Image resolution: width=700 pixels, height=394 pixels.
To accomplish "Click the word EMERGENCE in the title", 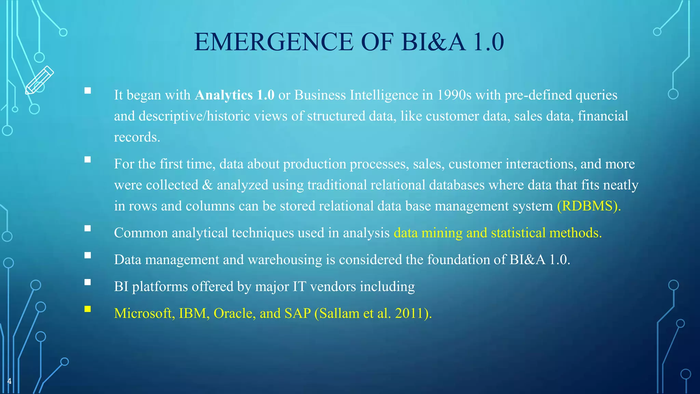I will (x=274, y=42).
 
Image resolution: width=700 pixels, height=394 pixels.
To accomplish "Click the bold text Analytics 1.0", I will (x=234, y=95).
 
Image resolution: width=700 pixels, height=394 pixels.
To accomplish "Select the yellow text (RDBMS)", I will (x=589, y=206).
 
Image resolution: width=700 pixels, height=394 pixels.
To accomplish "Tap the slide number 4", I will (x=9, y=381).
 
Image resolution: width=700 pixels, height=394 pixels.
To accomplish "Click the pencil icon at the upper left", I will (x=40, y=80).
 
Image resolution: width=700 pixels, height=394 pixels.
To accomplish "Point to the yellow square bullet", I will (x=88, y=309).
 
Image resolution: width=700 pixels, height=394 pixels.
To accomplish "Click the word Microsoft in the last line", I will (x=143, y=313).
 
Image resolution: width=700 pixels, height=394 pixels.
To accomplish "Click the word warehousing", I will (x=285, y=260).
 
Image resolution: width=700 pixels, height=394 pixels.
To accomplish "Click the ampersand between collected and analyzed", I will (x=207, y=185).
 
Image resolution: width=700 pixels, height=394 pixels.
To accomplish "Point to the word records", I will (x=137, y=137).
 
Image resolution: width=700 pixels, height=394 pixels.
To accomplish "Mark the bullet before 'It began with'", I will (x=88, y=91).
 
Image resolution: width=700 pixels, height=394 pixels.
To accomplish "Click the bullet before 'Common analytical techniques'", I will (x=88, y=228).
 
